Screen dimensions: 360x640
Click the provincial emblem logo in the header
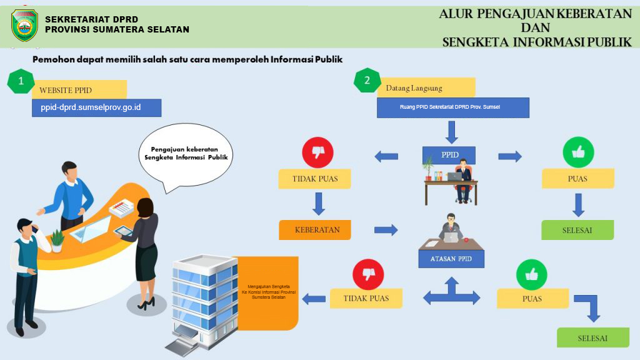24,26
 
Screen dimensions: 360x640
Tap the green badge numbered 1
21,81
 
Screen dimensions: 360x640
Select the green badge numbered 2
367,81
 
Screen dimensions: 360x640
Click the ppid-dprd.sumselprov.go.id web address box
96,107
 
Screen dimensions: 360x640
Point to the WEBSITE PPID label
79,89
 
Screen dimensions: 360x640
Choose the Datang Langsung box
426,87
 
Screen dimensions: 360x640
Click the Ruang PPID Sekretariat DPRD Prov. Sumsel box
452,107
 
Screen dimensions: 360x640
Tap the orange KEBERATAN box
314,229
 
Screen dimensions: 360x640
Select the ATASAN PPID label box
451,259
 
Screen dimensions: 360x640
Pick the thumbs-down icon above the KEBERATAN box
317,152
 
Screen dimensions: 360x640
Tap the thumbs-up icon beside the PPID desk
578,152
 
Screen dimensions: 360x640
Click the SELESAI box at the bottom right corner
592,337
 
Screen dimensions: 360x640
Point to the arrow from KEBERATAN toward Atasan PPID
386,230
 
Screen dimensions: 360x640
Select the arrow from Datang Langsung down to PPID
451,131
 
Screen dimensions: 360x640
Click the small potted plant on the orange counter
57,238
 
